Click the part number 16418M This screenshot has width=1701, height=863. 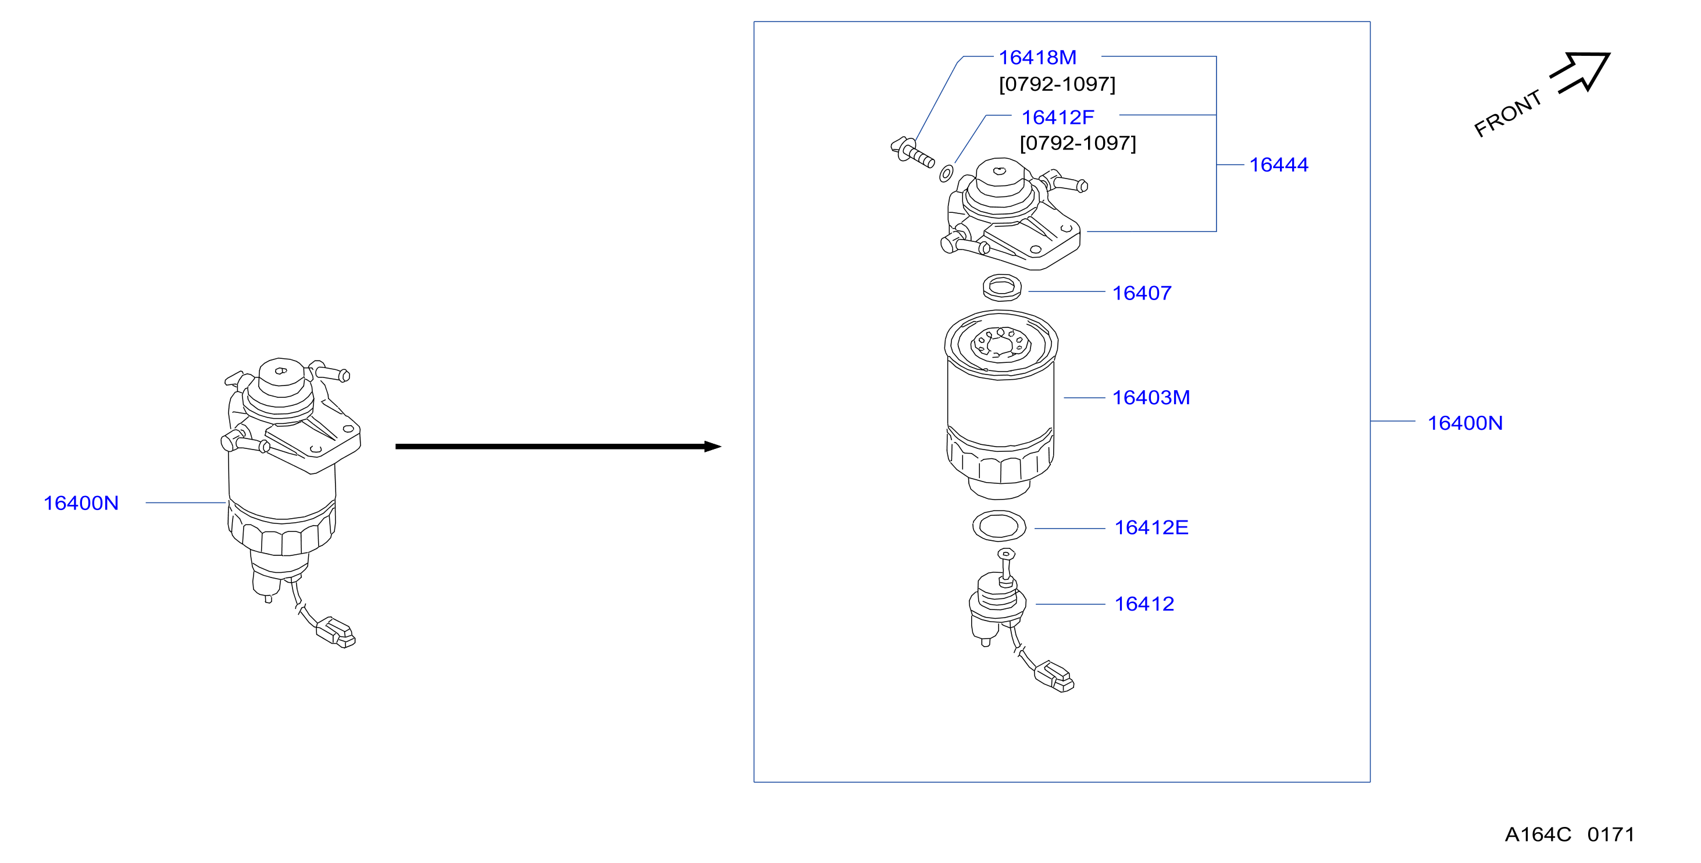coord(1037,58)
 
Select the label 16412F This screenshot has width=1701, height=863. coord(1057,117)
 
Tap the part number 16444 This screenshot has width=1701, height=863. coord(1278,165)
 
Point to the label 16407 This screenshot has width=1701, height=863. coord(1142,293)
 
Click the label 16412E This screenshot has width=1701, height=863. coord(1151,527)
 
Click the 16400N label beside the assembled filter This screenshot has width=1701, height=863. coord(81,502)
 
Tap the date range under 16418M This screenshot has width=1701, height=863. coord(1057,84)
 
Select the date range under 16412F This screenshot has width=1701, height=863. coord(1078,142)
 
